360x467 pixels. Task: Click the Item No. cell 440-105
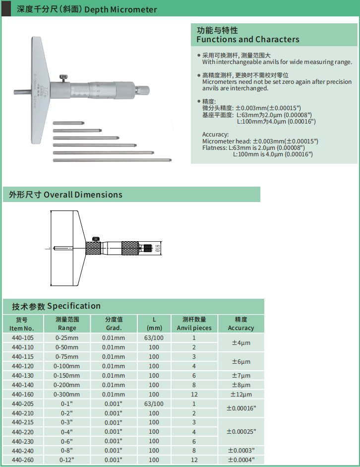click(22, 338)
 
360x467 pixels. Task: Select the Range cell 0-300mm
click(67, 394)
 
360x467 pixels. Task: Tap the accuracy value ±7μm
click(241, 376)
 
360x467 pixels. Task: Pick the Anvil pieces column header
click(194, 324)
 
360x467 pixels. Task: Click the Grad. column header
click(114, 324)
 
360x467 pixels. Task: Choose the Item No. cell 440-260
click(22, 460)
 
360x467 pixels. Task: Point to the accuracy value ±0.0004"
click(241, 460)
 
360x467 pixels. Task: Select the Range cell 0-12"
click(67, 460)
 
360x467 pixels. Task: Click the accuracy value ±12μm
click(241, 394)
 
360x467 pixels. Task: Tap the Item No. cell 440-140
click(22, 385)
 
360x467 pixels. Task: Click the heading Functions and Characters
click(248, 39)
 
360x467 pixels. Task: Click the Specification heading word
click(74, 306)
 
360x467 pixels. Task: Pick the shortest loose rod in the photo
click(70, 123)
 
